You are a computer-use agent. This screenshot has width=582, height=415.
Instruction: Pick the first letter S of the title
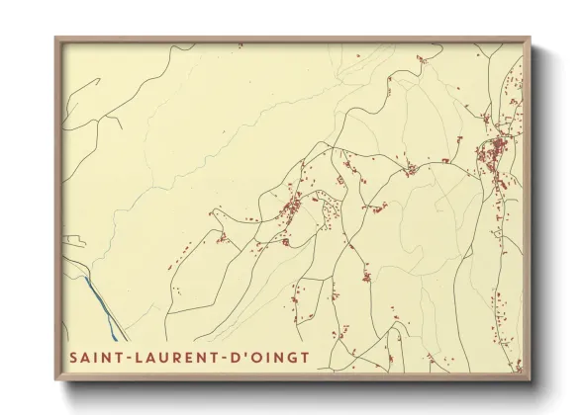69,357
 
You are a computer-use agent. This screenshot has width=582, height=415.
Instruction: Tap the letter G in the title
288,357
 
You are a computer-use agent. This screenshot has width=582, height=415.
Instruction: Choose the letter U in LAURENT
158,357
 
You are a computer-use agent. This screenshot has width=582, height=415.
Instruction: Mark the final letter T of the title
303,357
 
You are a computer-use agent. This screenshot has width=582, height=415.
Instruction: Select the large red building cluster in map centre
292,207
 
